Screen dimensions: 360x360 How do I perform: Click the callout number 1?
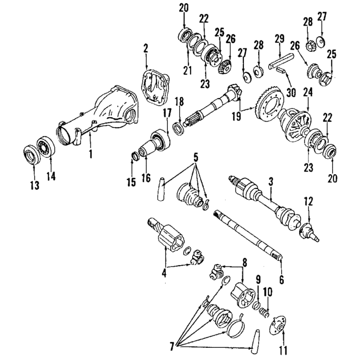91,153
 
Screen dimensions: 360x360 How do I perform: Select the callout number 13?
35,185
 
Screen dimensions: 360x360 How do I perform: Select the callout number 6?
282,279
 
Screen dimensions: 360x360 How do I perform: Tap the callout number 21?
187,71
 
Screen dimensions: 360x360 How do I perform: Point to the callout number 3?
271,182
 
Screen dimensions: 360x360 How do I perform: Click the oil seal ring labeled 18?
178,129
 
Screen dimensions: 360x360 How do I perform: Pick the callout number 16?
146,178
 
